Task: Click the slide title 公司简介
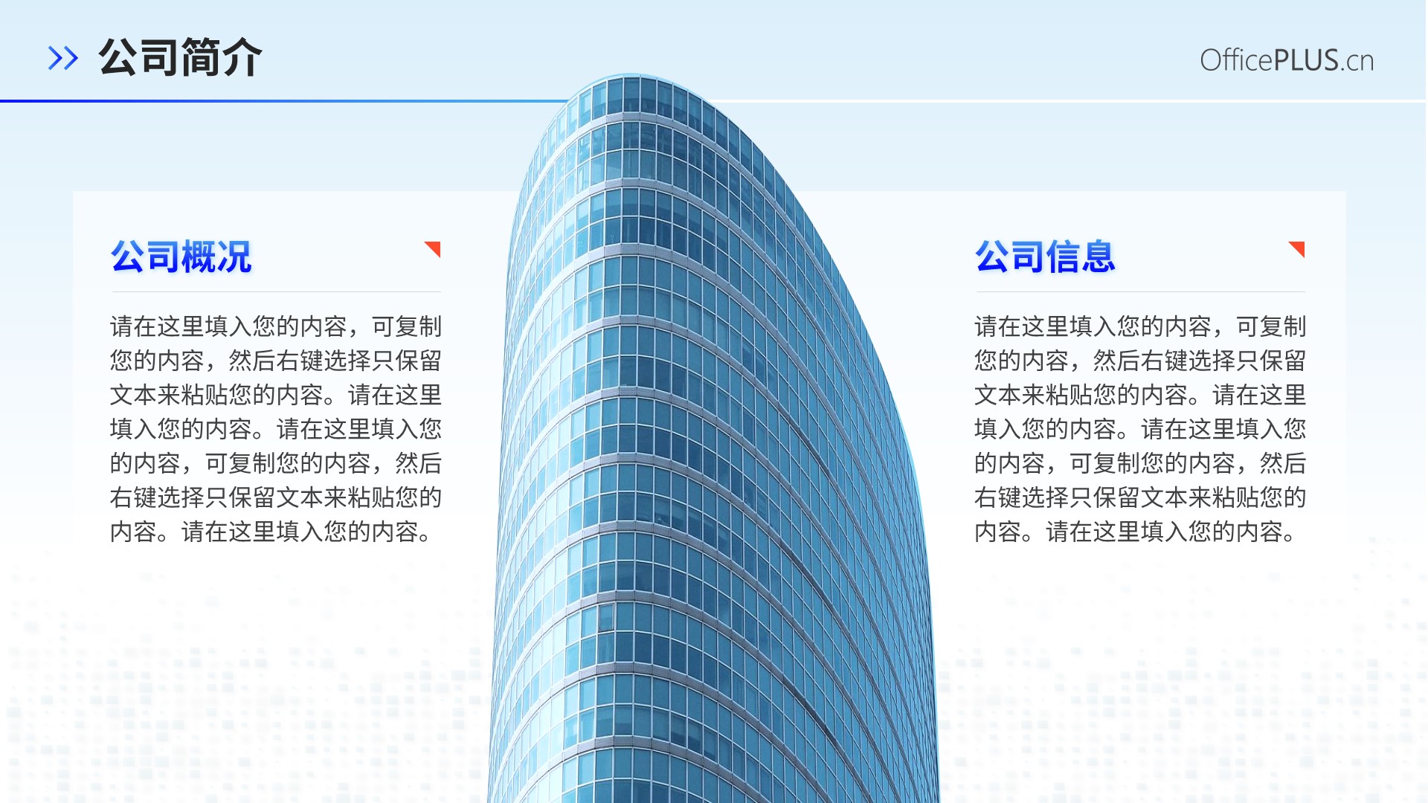(180, 57)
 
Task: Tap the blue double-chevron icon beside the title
(63, 58)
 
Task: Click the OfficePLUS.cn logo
(1287, 60)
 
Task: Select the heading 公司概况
(181, 257)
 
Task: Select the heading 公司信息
(1046, 257)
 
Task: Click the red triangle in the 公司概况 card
(435, 247)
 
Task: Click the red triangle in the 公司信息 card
(1299, 247)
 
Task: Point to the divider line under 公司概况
(276, 291)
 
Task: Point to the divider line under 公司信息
(1140, 291)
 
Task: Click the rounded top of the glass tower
(632, 77)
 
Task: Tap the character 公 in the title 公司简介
(118, 57)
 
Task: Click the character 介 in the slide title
(242, 57)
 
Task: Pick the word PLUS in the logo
(1306, 60)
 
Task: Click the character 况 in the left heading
(235, 257)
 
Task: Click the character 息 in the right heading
(1099, 257)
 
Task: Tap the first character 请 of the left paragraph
(122, 326)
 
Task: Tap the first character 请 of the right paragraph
(986, 326)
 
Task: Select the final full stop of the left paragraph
(425, 538)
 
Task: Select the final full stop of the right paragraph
(1289, 538)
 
